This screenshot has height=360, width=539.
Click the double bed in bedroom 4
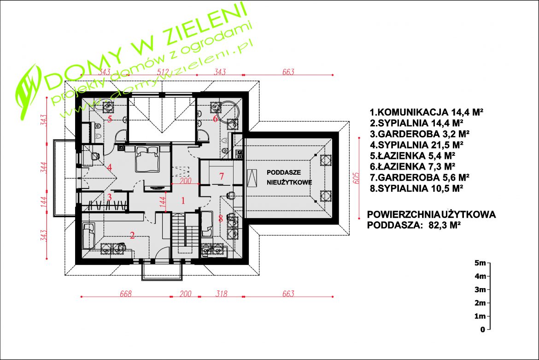tap(148, 159)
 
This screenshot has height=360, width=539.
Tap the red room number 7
tap(222, 177)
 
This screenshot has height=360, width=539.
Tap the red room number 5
tap(110, 119)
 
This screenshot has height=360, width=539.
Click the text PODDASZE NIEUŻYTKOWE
tap(289, 177)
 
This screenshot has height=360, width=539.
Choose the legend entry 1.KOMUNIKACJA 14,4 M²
tap(427, 112)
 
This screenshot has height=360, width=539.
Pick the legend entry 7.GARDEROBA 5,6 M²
tap(420, 177)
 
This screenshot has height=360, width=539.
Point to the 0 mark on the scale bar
tap(483, 330)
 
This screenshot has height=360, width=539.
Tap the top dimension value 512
tap(163, 72)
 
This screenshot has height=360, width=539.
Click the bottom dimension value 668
tap(125, 294)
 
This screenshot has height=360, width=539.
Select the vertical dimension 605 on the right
tap(356, 178)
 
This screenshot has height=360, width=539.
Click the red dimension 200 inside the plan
tap(186, 181)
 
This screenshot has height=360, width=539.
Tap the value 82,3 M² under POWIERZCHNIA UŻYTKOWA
tap(445, 225)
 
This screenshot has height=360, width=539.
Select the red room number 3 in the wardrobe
tap(110, 197)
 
